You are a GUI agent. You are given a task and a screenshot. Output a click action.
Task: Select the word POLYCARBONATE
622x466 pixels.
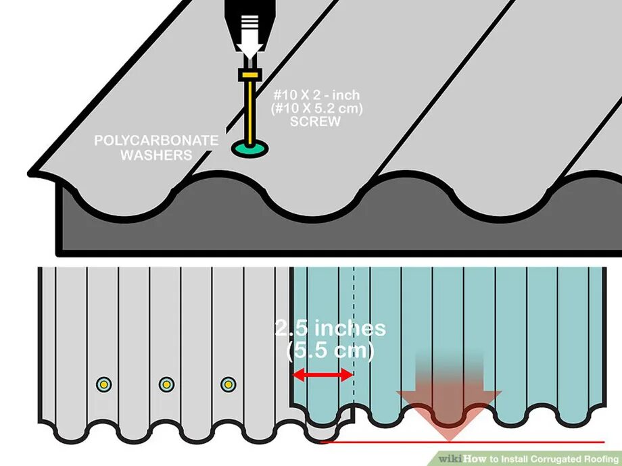(x=156, y=140)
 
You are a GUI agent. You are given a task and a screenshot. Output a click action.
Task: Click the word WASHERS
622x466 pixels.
(x=156, y=155)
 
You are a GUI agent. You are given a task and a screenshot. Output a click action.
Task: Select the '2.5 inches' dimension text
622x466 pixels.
(x=331, y=328)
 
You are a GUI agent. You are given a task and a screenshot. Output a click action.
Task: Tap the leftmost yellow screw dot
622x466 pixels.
(x=103, y=384)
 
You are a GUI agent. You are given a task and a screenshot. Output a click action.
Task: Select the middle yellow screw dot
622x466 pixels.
(x=166, y=384)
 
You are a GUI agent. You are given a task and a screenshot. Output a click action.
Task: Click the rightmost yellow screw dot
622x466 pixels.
(x=229, y=384)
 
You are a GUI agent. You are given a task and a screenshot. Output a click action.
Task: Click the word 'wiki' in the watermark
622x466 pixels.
(x=450, y=458)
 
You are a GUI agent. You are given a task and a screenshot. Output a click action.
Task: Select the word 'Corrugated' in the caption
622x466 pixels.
(x=550, y=458)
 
